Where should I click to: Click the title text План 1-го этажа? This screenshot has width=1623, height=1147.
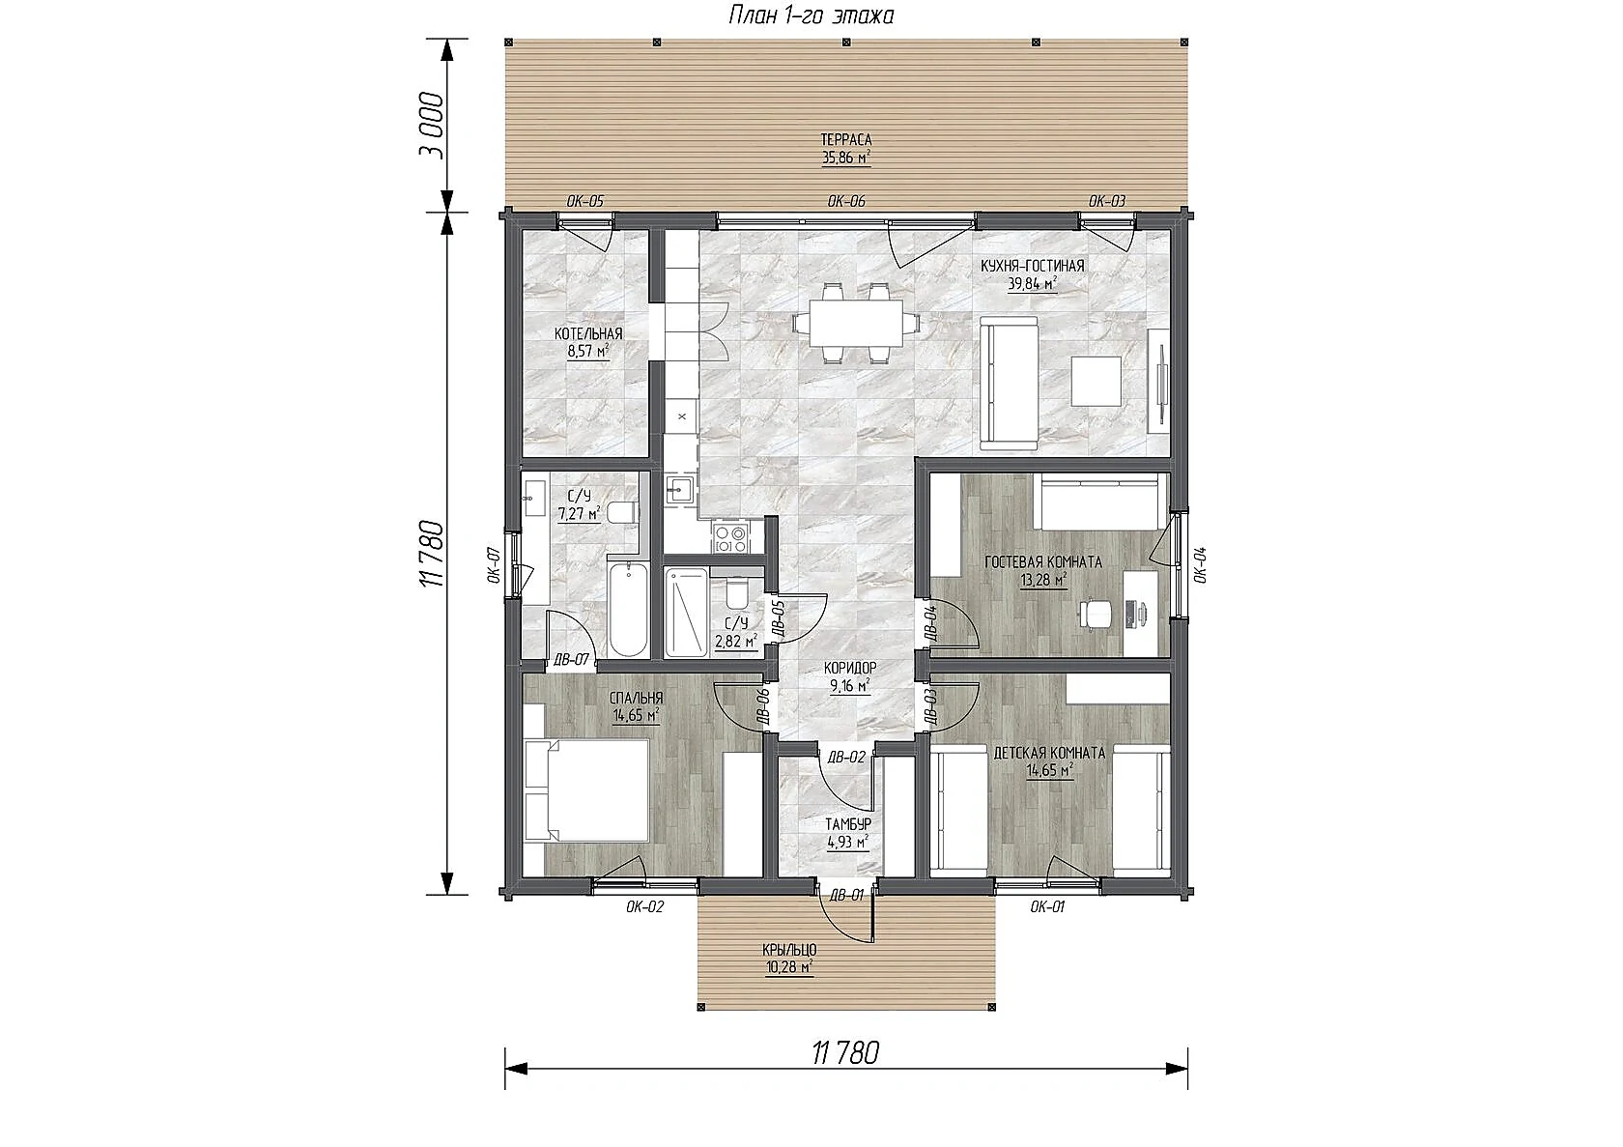click(x=811, y=15)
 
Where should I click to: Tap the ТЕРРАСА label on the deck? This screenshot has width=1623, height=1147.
click(x=846, y=139)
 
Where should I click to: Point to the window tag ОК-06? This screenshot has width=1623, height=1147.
click(x=846, y=201)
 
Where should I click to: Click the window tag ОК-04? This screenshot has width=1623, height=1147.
click(x=1199, y=565)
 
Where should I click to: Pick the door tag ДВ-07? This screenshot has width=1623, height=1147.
click(x=571, y=659)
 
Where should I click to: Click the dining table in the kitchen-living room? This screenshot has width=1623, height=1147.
click(x=856, y=323)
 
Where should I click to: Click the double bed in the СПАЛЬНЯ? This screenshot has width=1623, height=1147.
click(x=586, y=789)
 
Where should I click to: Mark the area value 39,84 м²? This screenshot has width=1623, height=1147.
click(x=1033, y=283)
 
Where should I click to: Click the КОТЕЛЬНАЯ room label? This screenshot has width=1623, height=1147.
click(x=588, y=334)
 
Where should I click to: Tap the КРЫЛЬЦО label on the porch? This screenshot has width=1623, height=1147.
click(x=789, y=950)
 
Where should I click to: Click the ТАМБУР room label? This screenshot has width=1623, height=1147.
click(x=848, y=824)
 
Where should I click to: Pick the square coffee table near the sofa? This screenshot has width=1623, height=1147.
click(x=1097, y=381)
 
